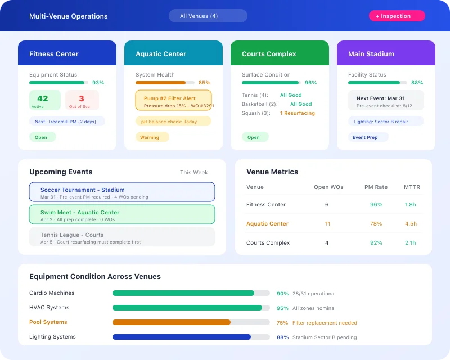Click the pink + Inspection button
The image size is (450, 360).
pos(397,16)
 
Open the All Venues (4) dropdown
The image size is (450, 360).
pos(208,16)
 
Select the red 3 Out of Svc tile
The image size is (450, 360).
pos(82,100)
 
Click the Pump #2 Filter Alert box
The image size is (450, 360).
pos(173,101)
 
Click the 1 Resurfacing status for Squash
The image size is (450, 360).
pos(298,113)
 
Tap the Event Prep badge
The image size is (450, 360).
pos(365,137)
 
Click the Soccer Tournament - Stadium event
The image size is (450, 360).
pos(121,192)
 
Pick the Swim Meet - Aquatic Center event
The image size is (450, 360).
pos(121,214)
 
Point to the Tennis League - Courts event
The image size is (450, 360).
pos(121,237)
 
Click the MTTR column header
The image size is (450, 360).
pos(412,187)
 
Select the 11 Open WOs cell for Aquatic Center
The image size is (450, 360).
pos(327,224)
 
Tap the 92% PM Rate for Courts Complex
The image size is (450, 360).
pos(376,243)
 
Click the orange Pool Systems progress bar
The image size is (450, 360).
pos(172,322)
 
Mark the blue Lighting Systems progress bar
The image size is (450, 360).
pos(181,337)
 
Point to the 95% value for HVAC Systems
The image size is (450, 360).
pos(282,308)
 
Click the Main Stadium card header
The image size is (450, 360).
pos(386,53)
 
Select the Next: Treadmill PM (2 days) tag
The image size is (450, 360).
pos(67,121)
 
